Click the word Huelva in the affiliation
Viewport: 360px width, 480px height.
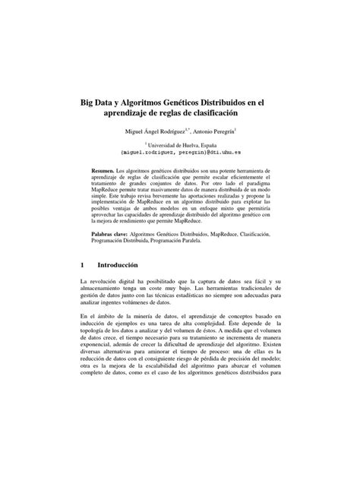tap(198, 144)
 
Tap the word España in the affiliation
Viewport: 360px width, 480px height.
tap(222, 144)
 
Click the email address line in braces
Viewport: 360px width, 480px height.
tap(179, 153)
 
